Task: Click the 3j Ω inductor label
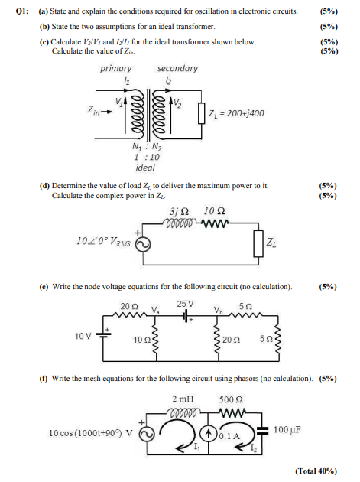click(x=177, y=211)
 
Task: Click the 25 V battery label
click(x=186, y=304)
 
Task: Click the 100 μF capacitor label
click(x=287, y=429)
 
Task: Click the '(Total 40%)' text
click(x=315, y=471)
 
